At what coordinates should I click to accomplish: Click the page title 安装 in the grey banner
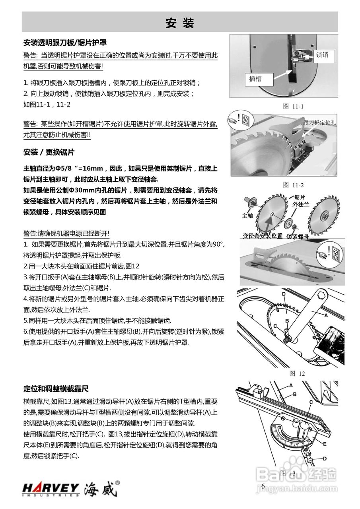click(x=180, y=23)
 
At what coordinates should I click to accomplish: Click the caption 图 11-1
click(x=293, y=106)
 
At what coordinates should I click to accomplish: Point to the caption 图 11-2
click(x=293, y=185)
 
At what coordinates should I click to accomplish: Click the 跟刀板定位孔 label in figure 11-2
click(x=319, y=122)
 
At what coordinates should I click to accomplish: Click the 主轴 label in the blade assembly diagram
click(x=247, y=216)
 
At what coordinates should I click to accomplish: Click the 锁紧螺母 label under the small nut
click(x=298, y=236)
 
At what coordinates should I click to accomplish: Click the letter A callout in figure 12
click(x=326, y=315)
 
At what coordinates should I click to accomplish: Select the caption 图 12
click(x=297, y=373)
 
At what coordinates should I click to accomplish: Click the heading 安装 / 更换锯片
click(x=49, y=152)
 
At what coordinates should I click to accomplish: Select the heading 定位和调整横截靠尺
click(x=56, y=388)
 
